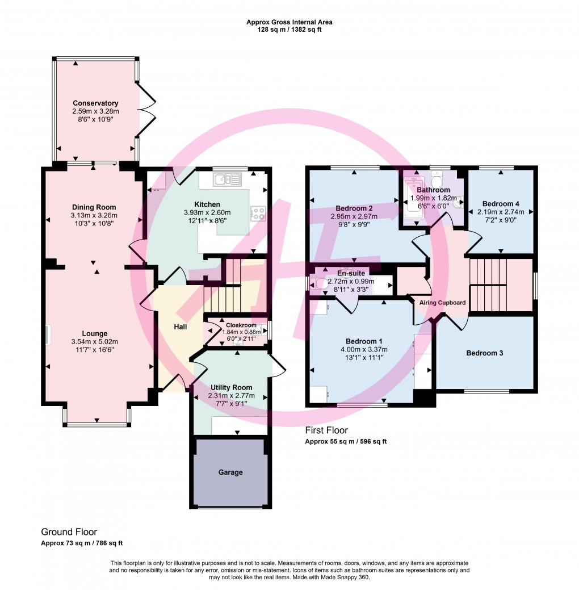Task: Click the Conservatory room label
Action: coord(95,103)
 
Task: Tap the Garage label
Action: coord(230,472)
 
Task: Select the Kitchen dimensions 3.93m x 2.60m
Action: coord(207,212)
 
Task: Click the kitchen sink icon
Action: coord(227,180)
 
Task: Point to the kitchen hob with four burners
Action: coord(259,213)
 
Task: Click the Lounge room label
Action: coord(94,333)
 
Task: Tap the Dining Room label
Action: coord(94,207)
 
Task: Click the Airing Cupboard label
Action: coord(442,303)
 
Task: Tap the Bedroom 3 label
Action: coord(484,353)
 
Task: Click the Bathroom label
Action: coord(433,190)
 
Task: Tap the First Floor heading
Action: coord(326,430)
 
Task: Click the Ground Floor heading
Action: coord(69,532)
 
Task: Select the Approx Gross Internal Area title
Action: coord(289,22)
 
